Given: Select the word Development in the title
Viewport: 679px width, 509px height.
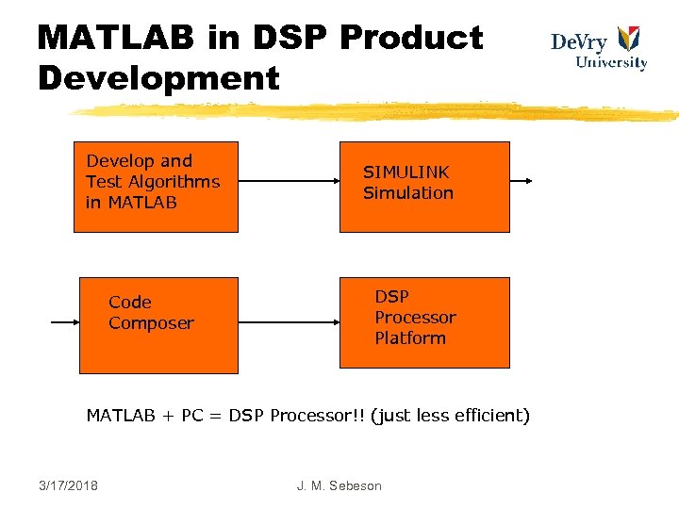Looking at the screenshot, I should click(x=158, y=77).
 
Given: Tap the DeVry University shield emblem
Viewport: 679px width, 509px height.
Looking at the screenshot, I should click(x=628, y=40).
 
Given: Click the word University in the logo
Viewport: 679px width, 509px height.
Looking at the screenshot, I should click(x=611, y=63).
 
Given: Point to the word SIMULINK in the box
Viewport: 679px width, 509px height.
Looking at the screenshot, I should click(x=406, y=172).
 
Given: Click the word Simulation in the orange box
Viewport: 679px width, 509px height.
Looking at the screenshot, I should click(x=408, y=193).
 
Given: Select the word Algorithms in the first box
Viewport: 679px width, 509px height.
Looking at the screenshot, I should click(x=174, y=182).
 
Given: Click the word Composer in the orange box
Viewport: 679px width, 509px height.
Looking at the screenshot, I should click(x=151, y=323).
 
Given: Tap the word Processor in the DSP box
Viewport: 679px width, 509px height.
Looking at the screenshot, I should click(x=415, y=318).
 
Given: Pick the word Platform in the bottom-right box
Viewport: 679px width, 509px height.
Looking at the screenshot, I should click(x=410, y=338).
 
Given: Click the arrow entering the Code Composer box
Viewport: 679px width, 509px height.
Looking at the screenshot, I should click(x=64, y=322).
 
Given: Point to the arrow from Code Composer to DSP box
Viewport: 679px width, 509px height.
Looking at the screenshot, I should click(x=289, y=322).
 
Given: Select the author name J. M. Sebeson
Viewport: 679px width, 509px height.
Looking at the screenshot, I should click(x=339, y=485).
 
